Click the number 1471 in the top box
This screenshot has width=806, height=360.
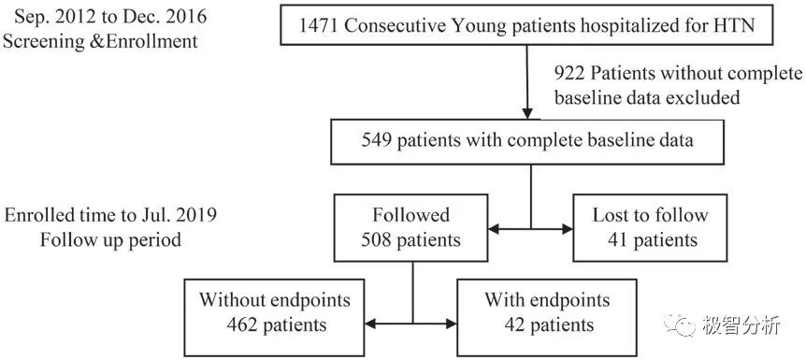319,25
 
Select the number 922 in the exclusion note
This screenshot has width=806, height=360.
569,75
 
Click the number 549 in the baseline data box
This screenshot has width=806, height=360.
377,140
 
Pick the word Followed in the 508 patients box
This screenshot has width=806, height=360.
410,215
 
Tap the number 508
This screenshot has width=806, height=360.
375,239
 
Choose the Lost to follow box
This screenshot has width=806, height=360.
650,228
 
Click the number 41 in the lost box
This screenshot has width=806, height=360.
617,239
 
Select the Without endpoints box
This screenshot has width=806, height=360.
275,317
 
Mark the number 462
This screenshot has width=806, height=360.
240,324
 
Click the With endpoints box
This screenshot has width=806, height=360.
547,317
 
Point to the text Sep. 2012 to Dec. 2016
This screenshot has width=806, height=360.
110,17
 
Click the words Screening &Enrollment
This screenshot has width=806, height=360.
100,41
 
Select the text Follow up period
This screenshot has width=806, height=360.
110,240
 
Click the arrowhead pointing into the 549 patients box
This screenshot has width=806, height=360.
527,114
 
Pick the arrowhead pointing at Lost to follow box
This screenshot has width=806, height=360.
567,229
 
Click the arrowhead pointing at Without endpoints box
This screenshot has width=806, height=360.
371,324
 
